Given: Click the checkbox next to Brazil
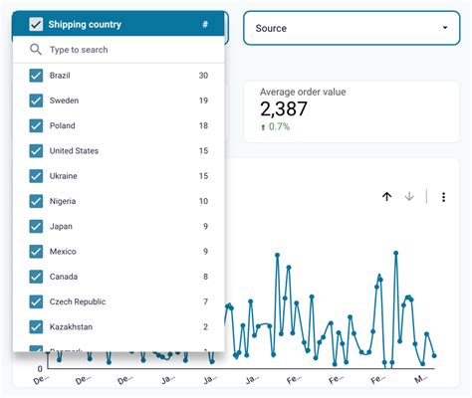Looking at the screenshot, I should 36,76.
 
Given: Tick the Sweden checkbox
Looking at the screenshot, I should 36,100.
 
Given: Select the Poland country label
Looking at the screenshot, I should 62,125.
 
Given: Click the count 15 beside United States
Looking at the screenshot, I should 203,151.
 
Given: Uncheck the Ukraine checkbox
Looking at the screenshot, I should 36,176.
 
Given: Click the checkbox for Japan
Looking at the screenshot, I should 36,226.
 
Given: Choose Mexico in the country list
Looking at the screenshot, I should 64,252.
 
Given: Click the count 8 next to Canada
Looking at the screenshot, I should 204,277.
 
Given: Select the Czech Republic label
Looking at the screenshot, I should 78,301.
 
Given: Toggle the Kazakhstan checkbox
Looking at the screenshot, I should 36,326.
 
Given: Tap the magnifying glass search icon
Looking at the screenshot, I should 36,49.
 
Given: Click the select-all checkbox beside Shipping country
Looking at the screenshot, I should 36,24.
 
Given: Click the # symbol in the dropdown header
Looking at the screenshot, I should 205,24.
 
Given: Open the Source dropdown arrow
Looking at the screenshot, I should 444,29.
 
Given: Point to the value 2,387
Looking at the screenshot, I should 288,109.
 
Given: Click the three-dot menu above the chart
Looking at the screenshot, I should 444,197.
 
